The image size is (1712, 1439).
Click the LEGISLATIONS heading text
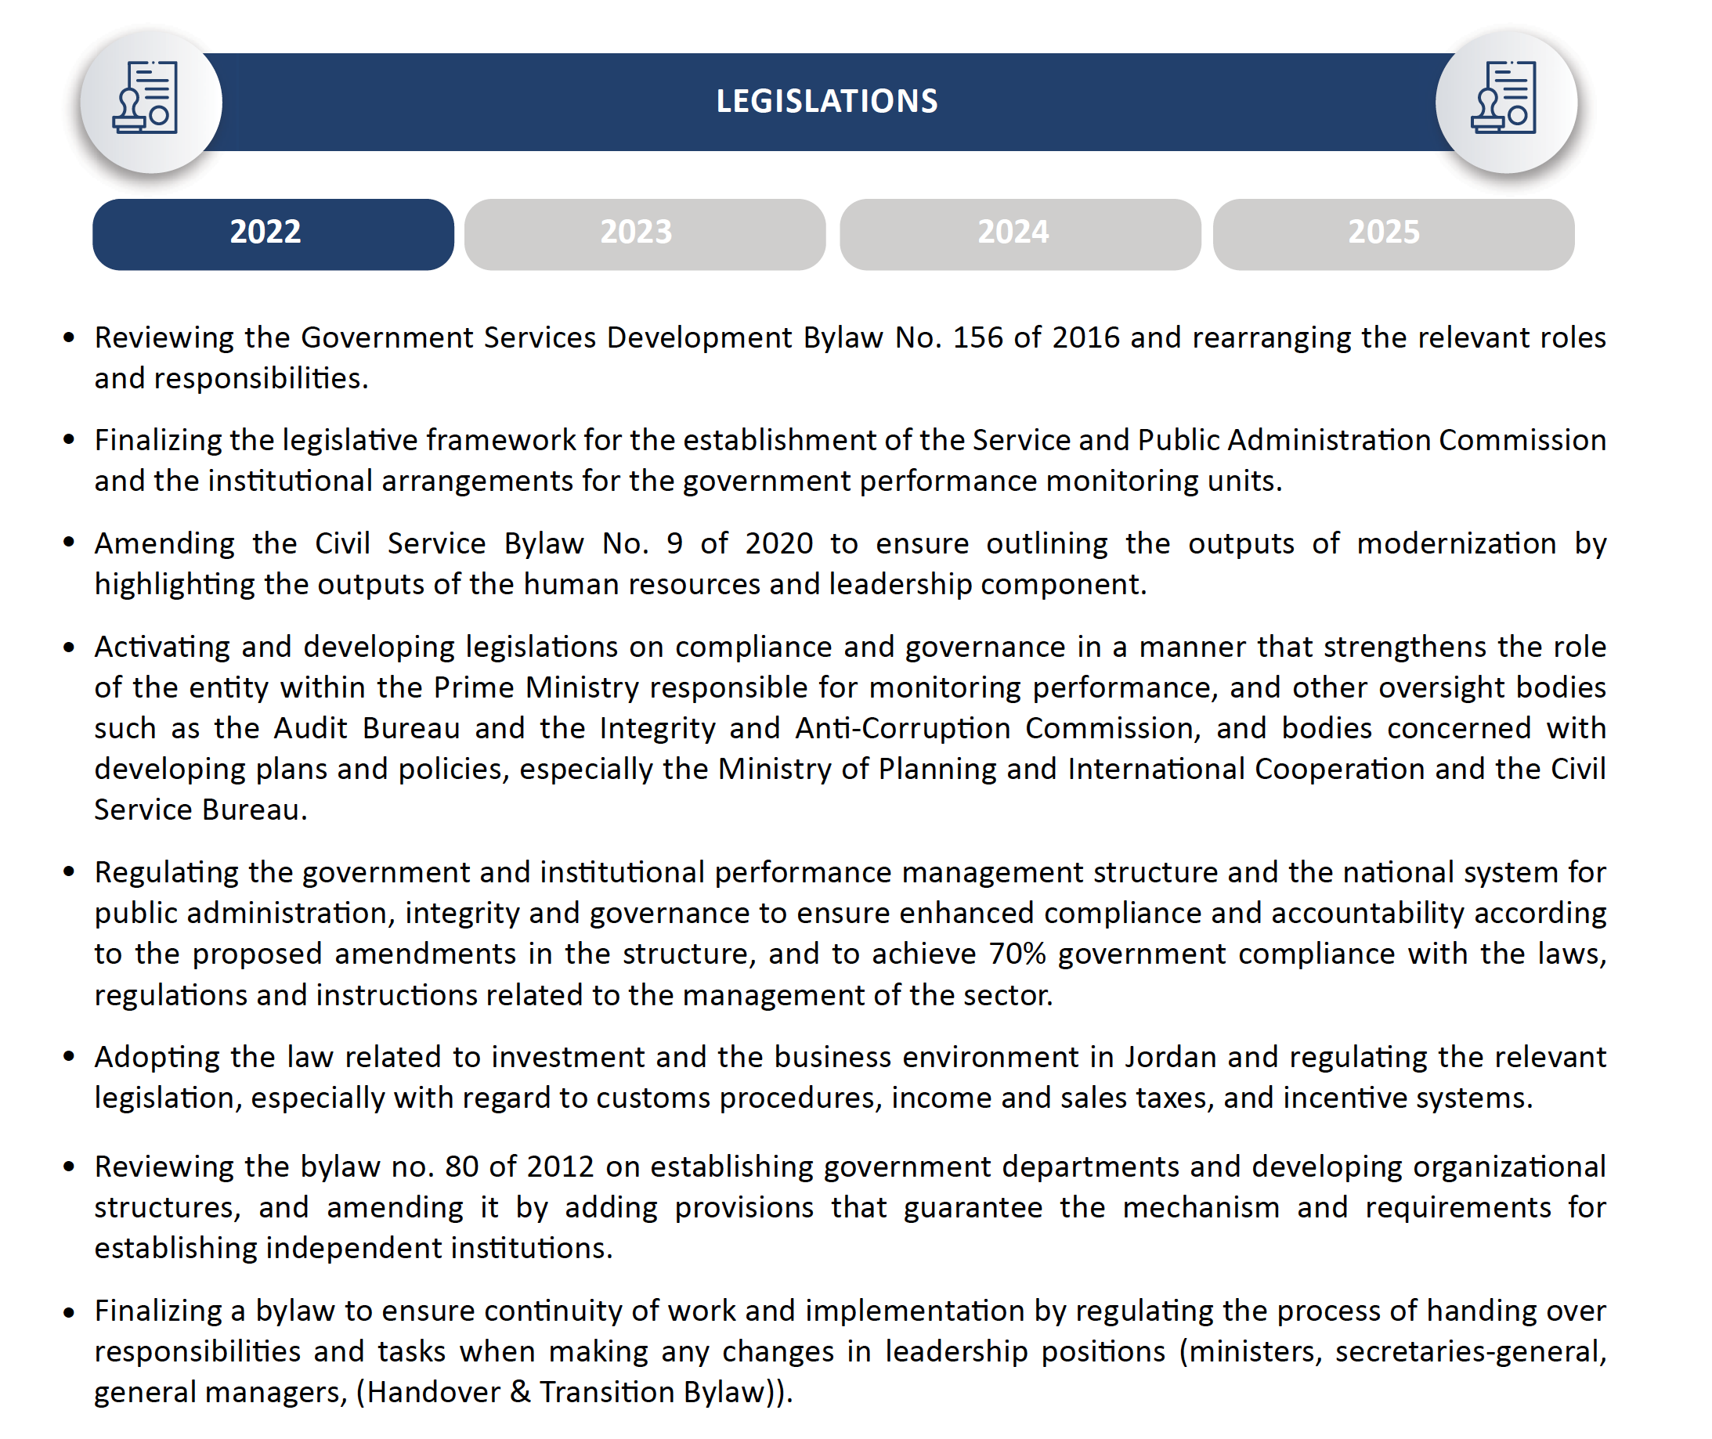825,101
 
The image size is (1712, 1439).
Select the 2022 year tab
273,233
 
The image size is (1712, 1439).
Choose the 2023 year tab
644,233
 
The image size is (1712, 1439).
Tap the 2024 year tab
1019,233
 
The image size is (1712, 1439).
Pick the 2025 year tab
1392,233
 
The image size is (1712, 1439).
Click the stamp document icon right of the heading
1503,98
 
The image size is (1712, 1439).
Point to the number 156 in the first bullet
977,337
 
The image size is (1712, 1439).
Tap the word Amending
164,543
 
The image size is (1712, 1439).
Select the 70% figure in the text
1016,954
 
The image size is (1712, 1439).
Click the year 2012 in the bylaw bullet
560,1167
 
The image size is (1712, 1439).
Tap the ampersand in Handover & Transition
520,1393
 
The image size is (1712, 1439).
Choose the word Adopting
157,1057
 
